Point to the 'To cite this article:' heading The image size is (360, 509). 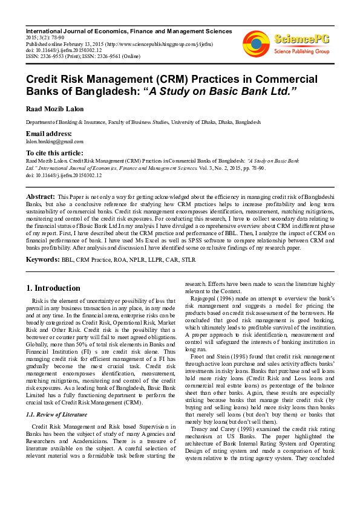point(54,153)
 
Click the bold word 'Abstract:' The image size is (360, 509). point(41,197)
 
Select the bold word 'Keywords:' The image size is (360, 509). point(42,259)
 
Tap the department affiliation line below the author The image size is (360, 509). point(143,122)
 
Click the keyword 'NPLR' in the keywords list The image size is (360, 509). point(136,260)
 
